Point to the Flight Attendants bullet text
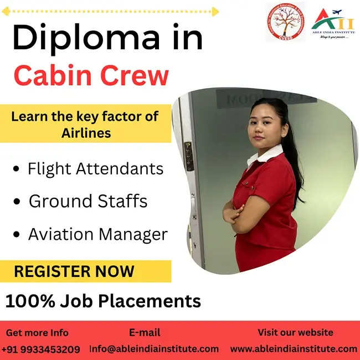(x=95, y=168)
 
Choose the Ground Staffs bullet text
(x=88, y=201)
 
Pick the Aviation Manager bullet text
(x=97, y=234)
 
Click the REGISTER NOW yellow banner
(x=74, y=271)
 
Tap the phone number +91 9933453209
(x=40, y=349)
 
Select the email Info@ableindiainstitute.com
(x=154, y=349)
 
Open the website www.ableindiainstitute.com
(x=294, y=349)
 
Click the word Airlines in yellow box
(x=86, y=133)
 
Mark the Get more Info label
(x=37, y=333)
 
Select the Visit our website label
(x=295, y=332)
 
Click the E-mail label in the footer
(x=145, y=332)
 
